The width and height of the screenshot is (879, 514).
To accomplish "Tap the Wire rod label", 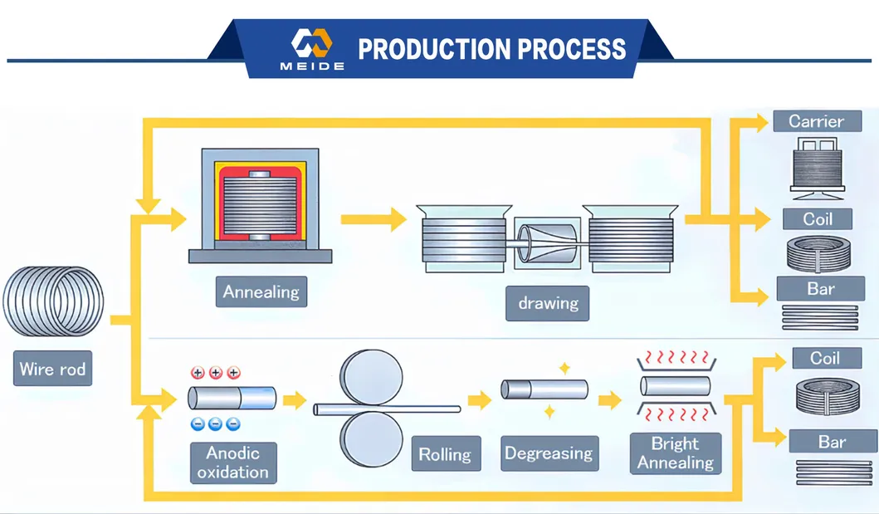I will tap(52, 369).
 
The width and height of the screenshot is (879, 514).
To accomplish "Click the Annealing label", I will tap(261, 292).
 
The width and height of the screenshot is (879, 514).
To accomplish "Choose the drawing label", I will tap(548, 303).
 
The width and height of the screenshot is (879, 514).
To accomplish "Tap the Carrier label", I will tap(815, 121).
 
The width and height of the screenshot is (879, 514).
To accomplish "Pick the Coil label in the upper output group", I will tap(818, 219).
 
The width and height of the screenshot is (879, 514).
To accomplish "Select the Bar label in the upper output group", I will tap(821, 289).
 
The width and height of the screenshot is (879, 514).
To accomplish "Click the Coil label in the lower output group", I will tap(825, 358).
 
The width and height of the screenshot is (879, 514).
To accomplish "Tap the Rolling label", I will tap(444, 454).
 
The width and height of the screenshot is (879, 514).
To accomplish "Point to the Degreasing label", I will tap(549, 453).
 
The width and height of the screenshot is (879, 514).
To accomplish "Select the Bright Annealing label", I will tap(675, 453).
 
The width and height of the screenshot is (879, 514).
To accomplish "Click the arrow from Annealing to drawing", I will tap(373, 219).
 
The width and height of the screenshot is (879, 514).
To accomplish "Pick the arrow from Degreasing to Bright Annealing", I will tap(609, 401).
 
